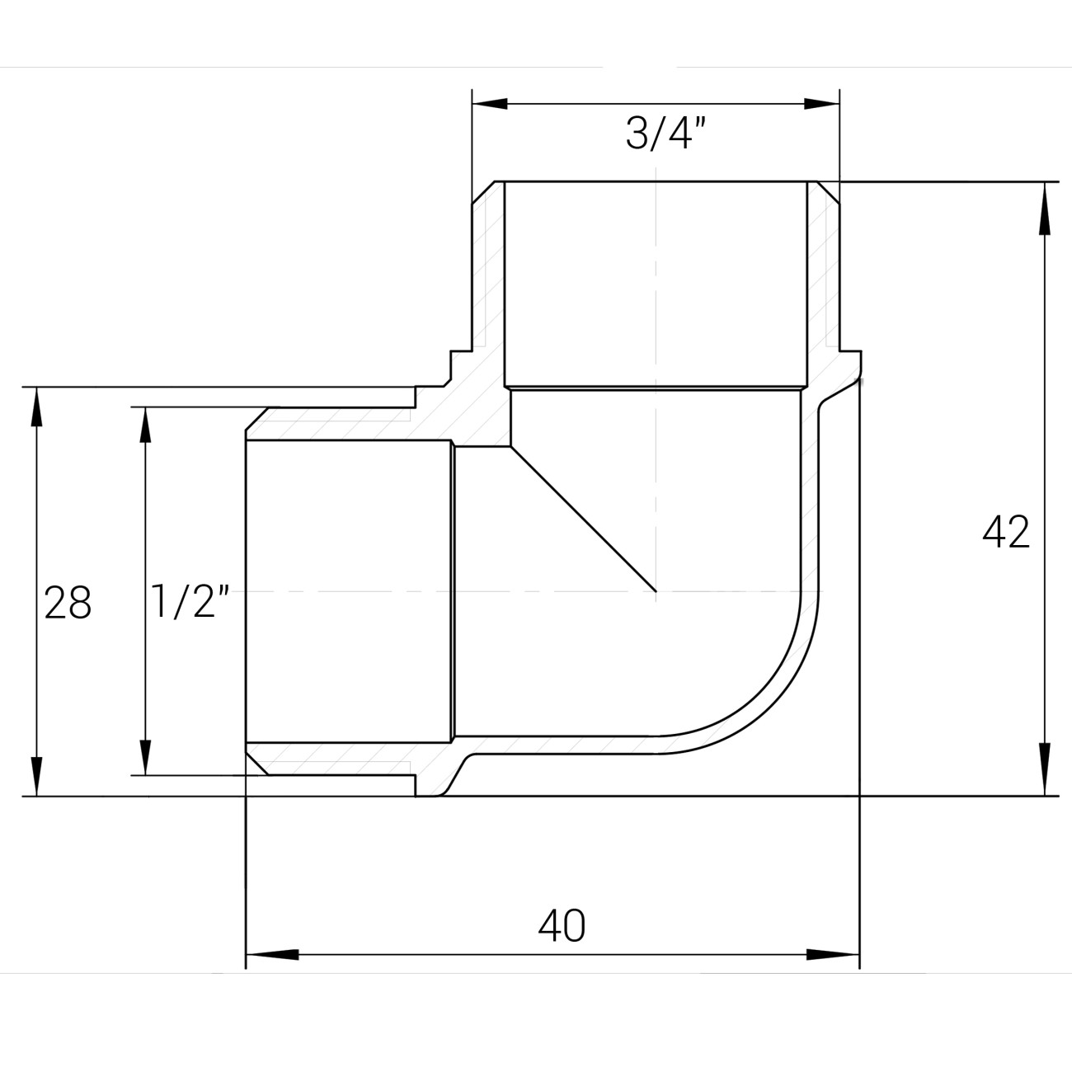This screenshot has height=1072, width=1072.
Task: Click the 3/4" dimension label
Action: pyautogui.click(x=666, y=134)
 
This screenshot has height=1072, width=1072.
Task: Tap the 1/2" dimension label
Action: pyautogui.click(x=190, y=601)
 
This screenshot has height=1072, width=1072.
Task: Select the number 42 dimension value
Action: pyautogui.click(x=1006, y=533)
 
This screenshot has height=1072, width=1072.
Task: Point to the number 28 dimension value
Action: pyautogui.click(x=68, y=603)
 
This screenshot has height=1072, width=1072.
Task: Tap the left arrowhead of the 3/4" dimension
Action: pyautogui.click(x=490, y=103)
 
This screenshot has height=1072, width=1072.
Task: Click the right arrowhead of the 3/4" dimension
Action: pyautogui.click(x=821, y=103)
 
